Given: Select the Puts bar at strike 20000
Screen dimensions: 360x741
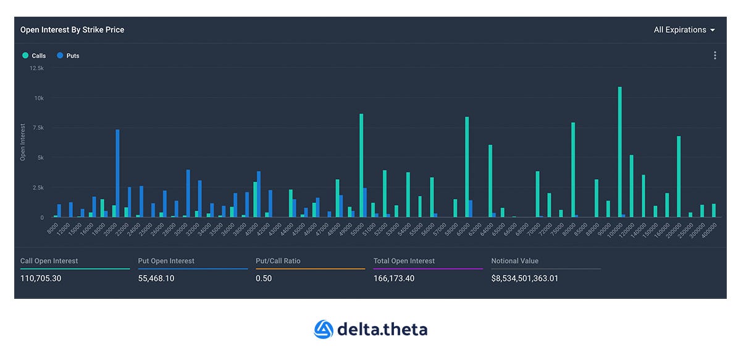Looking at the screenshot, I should click(117, 174).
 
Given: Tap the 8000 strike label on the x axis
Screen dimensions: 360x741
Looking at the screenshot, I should click(52, 228).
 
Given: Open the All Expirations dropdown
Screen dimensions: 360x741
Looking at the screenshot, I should click(684, 30).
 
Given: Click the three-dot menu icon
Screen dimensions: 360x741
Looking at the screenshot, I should click(715, 56).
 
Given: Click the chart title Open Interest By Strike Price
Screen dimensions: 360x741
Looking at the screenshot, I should click(72, 30).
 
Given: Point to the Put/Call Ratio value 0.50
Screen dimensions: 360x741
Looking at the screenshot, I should click(264, 278).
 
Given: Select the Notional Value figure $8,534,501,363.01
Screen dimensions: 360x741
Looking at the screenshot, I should click(525, 278).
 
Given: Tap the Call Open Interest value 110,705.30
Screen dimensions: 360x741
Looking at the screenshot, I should click(41, 278).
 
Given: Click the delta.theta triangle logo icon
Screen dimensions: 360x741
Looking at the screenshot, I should click(324, 329).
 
